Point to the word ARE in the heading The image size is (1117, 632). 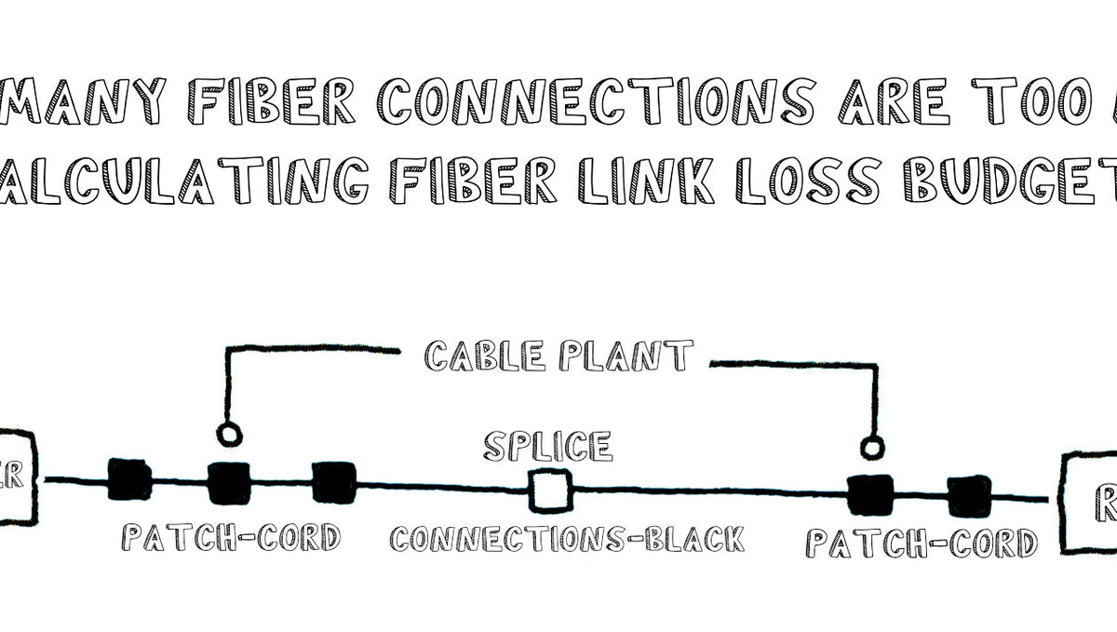click(893, 101)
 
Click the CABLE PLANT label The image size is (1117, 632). click(558, 356)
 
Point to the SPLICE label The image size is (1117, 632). click(548, 447)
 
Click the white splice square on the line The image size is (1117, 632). click(550, 490)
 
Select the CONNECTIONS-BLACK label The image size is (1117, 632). click(567, 539)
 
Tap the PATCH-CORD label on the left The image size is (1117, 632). click(231, 537)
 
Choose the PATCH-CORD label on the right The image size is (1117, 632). click(921, 542)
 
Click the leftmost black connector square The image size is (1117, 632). click(129, 479)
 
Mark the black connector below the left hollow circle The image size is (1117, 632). click(228, 482)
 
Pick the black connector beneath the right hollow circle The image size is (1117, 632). click(869, 494)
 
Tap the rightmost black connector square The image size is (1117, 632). click(969, 495)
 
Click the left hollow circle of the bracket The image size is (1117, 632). click(227, 434)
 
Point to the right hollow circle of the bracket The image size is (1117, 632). click(870, 449)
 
